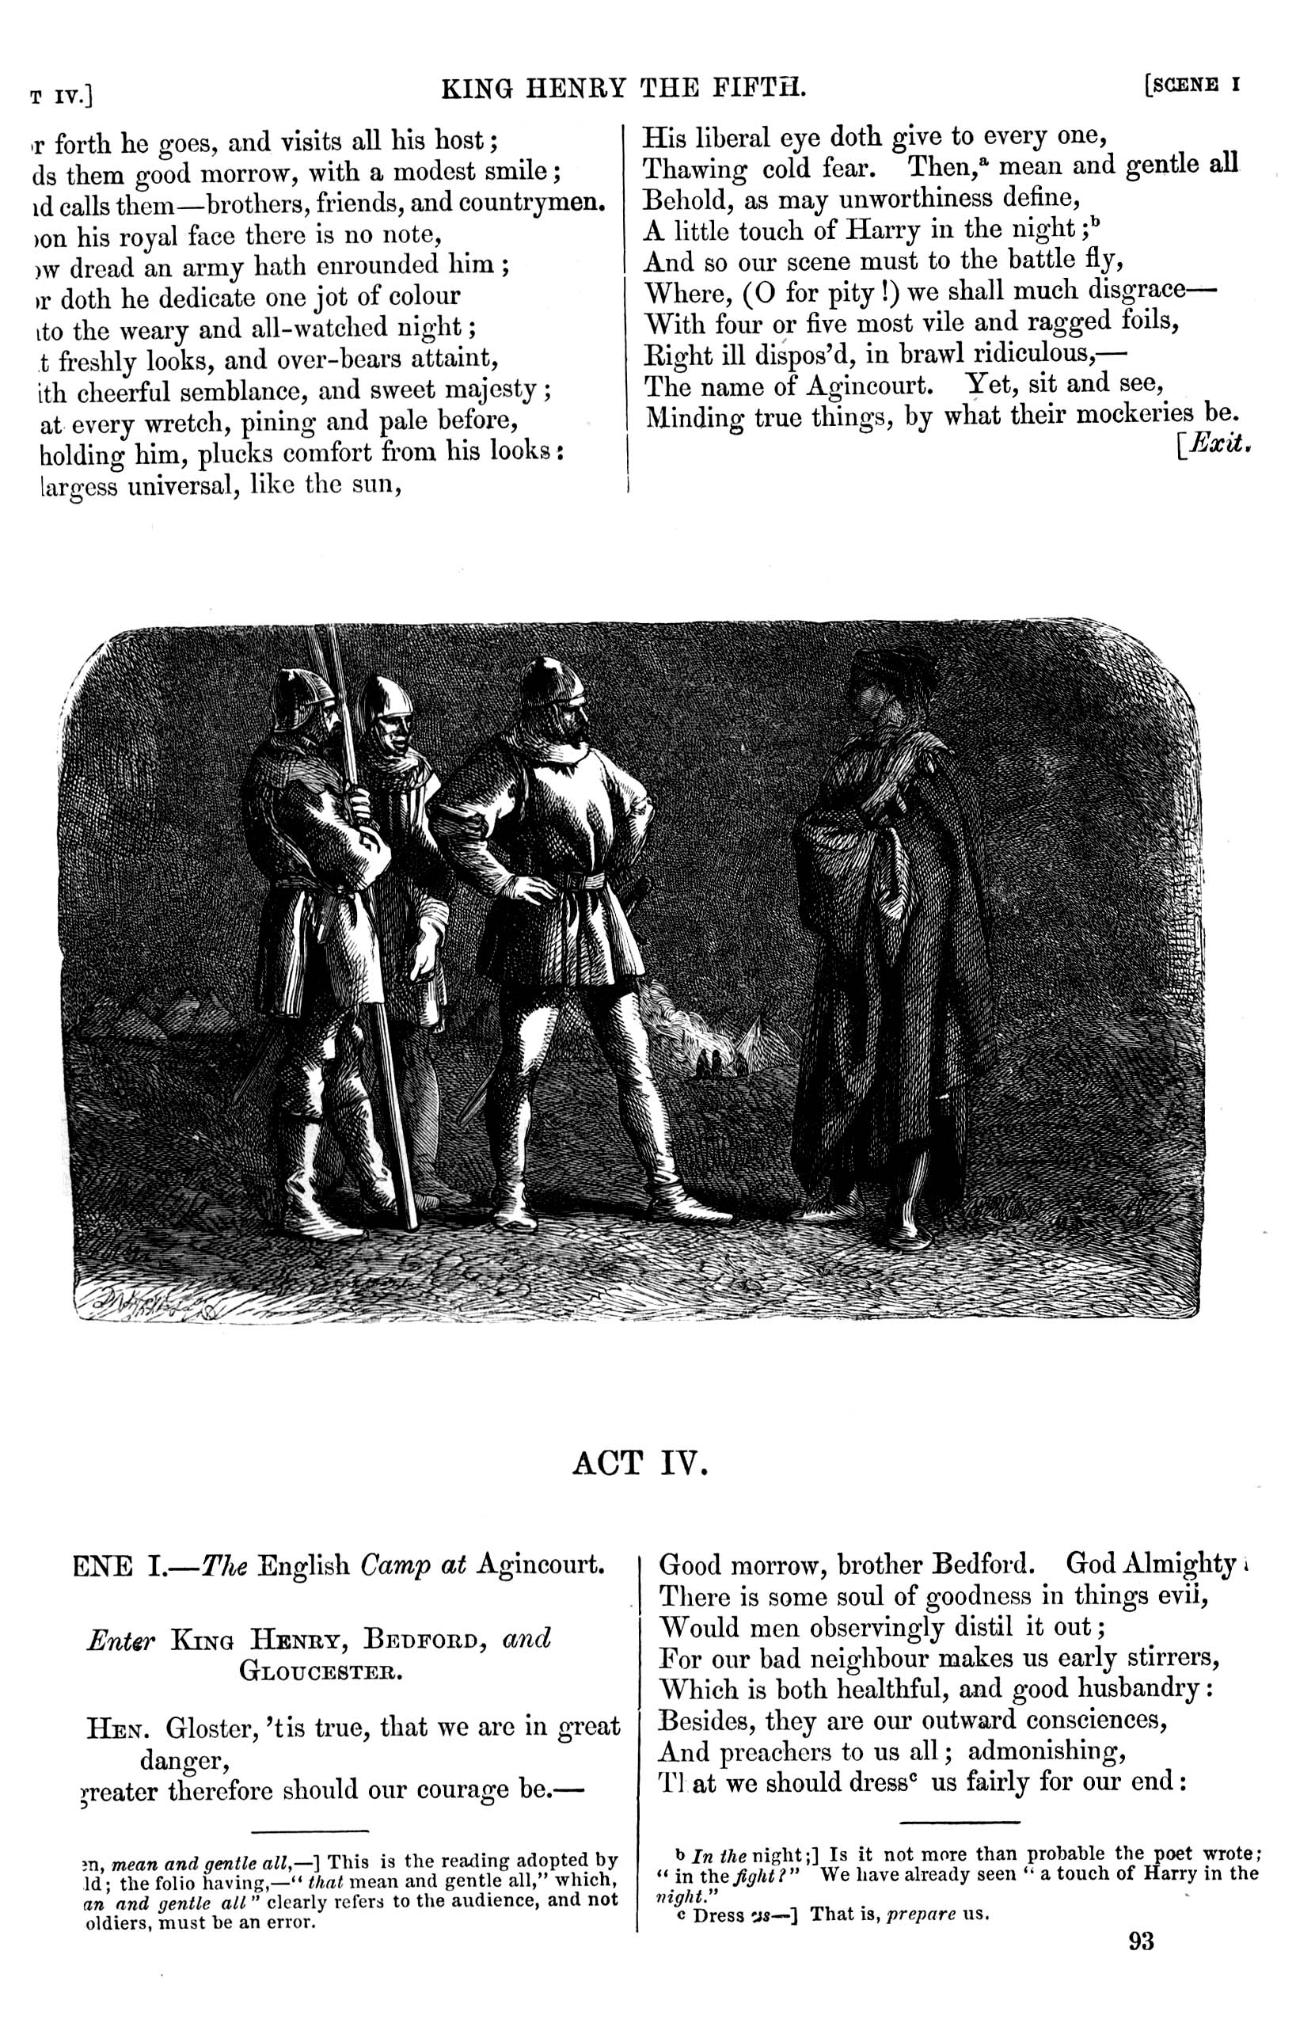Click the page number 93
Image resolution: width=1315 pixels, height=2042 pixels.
[x=1141, y=1941]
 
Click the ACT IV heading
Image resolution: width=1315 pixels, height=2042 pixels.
[x=640, y=1463]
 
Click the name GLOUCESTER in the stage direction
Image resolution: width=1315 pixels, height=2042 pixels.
[x=320, y=1670]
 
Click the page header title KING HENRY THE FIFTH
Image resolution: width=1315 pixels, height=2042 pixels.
[x=623, y=87]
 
